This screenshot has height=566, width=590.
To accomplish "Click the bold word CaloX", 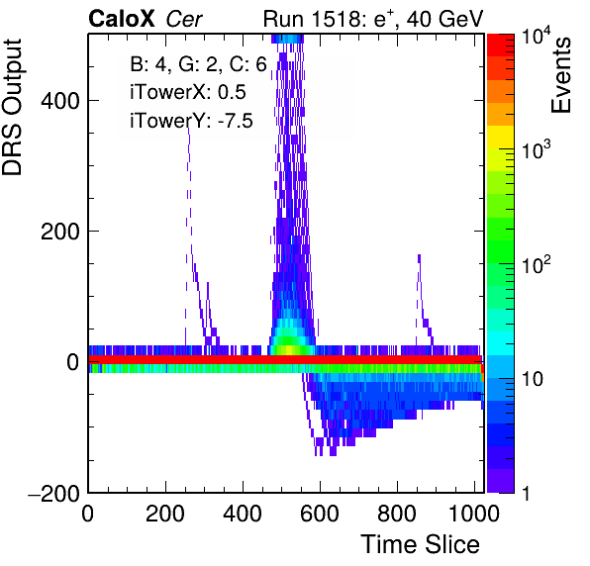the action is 122,19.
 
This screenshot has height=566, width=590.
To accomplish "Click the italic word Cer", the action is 184,19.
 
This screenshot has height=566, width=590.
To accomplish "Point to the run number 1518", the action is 338,19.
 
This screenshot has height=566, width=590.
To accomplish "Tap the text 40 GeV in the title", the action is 444,19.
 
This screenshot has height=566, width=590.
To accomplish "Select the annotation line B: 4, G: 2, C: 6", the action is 198,64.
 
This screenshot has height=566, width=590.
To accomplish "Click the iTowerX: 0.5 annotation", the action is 188,92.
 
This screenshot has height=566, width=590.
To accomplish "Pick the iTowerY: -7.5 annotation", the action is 191,121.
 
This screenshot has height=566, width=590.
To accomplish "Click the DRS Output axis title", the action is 12,107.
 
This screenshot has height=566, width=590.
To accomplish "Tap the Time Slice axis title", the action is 421,544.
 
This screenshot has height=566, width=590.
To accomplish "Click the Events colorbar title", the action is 560,75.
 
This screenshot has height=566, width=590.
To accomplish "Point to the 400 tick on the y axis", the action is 60,101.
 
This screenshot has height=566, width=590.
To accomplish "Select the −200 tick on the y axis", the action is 53,493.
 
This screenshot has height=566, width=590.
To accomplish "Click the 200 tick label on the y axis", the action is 60,232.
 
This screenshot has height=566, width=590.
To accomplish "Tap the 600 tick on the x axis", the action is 320,514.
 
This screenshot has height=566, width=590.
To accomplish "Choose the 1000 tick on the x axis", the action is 474,514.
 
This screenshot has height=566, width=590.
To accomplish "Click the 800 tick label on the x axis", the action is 397,514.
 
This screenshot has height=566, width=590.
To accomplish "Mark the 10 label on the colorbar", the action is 533,380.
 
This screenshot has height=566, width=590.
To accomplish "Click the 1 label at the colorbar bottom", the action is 526,493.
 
